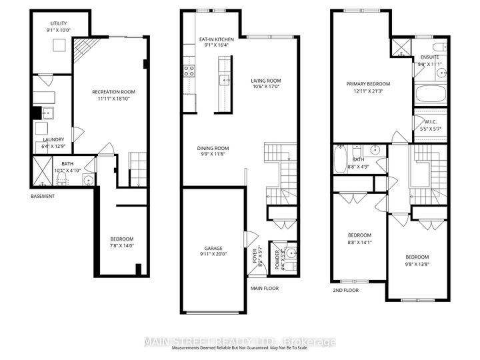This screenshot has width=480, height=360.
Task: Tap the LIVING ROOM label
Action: click(266, 81)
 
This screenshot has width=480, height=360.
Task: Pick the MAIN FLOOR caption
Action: click(265, 288)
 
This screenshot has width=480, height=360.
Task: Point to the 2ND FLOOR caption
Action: click(346, 291)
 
